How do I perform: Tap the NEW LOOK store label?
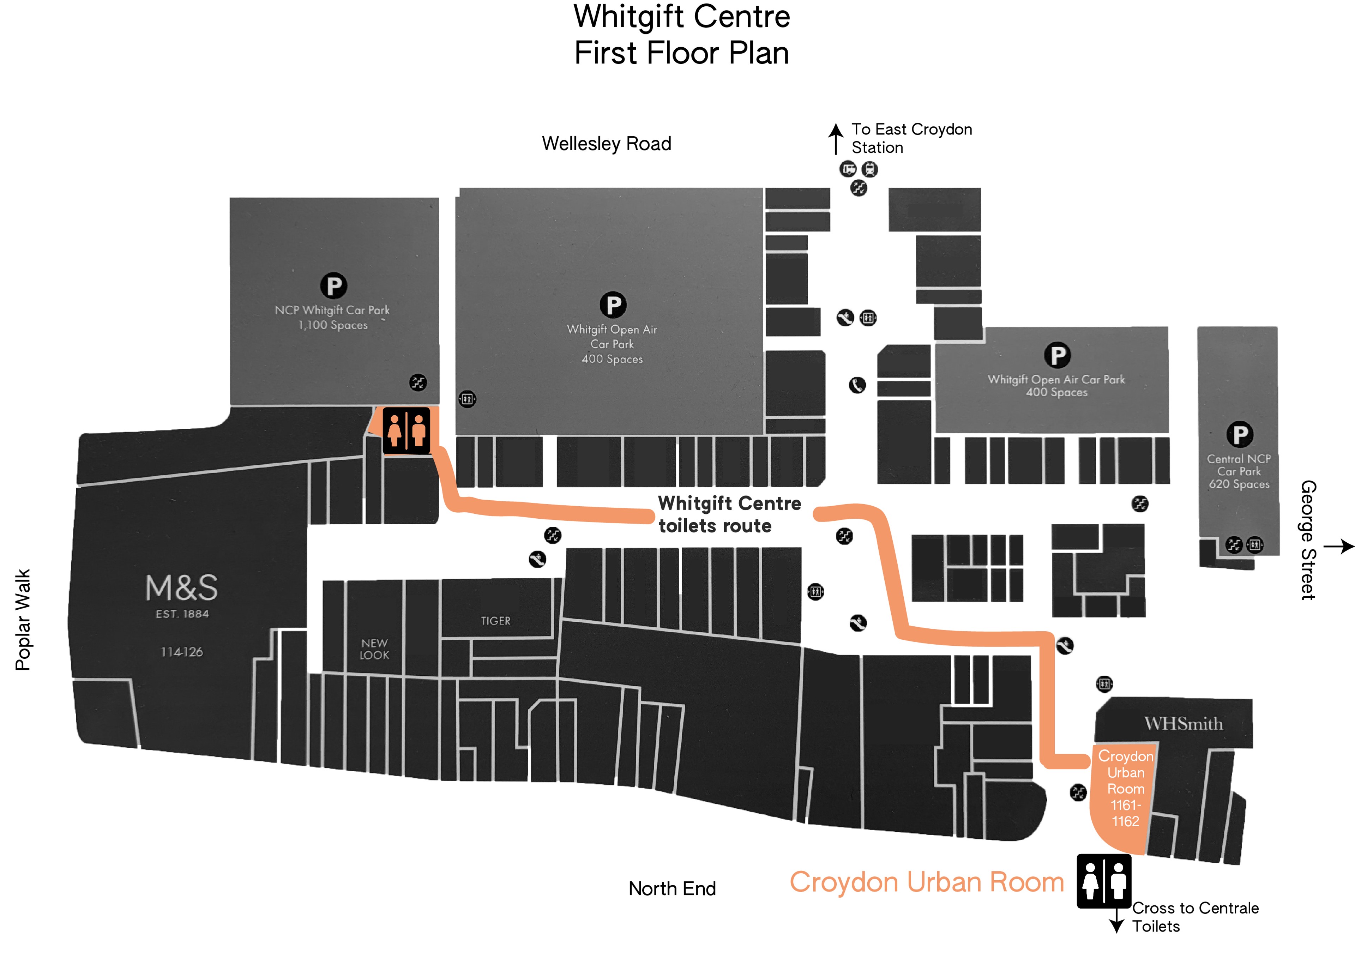click(x=375, y=649)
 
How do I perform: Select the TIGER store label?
click(x=495, y=621)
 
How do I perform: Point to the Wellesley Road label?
click(x=607, y=144)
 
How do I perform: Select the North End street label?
click(x=672, y=888)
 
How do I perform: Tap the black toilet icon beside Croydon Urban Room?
click(x=1103, y=881)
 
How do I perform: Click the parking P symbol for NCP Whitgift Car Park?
click(x=333, y=286)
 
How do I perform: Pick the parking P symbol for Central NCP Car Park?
click(x=1240, y=434)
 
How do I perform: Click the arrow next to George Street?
click(x=1338, y=546)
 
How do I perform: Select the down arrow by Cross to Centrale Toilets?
click(x=1116, y=921)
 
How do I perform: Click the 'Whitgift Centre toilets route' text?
click(x=729, y=514)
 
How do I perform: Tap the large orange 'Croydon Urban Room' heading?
click(x=927, y=882)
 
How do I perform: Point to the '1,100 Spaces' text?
click(x=333, y=325)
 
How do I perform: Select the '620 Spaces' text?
click(x=1239, y=484)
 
